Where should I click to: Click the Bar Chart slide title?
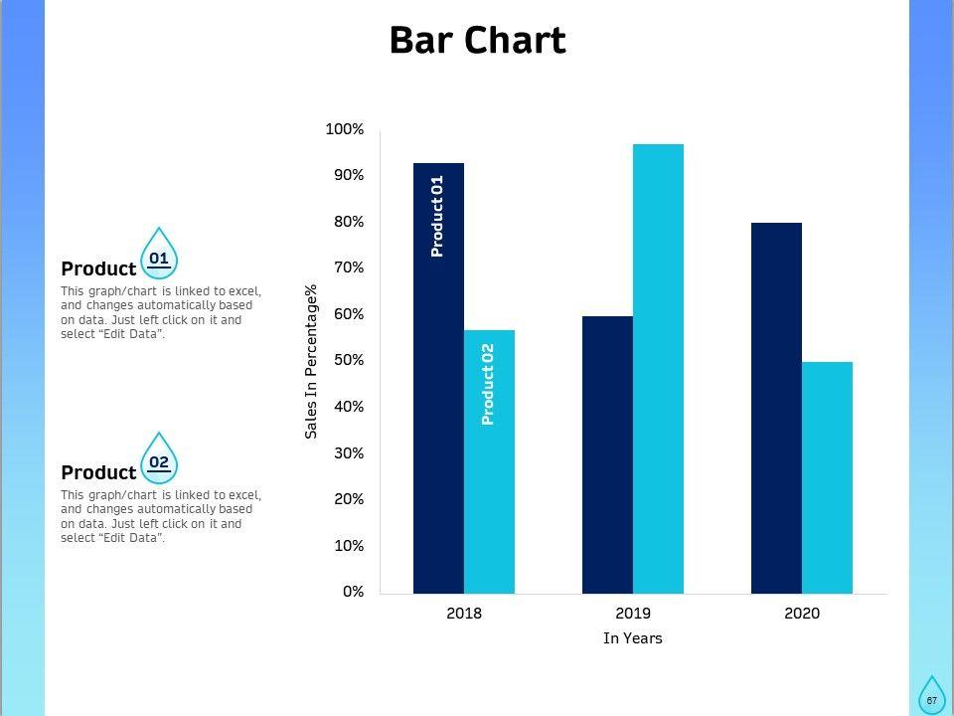(x=477, y=41)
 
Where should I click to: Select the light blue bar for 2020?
(x=827, y=477)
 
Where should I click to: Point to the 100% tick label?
(x=345, y=130)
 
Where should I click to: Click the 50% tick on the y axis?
(x=348, y=360)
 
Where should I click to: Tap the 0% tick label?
(x=353, y=592)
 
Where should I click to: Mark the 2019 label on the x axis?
(x=633, y=614)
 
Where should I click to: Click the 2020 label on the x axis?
(x=802, y=614)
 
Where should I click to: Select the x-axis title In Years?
(x=633, y=638)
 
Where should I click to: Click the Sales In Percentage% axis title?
(x=311, y=361)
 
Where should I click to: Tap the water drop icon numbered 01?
(x=159, y=255)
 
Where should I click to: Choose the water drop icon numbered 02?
(x=159, y=458)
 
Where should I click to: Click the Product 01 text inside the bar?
(x=437, y=217)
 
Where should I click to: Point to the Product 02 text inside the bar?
(x=488, y=385)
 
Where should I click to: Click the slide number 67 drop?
(x=931, y=696)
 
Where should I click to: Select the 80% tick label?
(x=348, y=222)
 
